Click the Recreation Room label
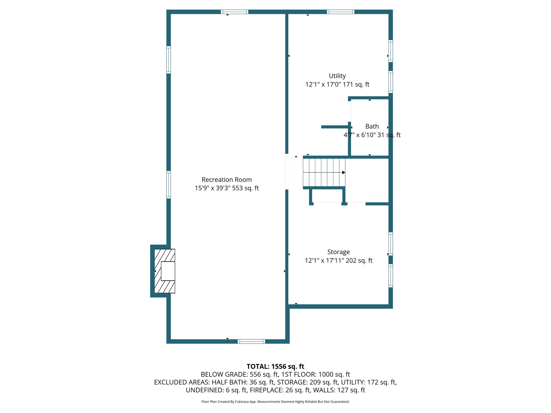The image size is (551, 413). (x=227, y=180)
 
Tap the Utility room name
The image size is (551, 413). (x=337, y=76)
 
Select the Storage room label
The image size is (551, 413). (x=338, y=252)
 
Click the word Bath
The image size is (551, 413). (x=372, y=126)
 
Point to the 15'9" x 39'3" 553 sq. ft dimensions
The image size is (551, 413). (x=227, y=188)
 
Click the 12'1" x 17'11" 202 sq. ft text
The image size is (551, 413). (x=338, y=261)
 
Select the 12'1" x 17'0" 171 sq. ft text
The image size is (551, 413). (x=337, y=84)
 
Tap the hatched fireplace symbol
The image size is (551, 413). (x=165, y=271)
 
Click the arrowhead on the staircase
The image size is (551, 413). (x=344, y=172)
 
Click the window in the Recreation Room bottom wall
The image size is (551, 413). (x=251, y=341)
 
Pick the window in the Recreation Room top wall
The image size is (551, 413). (x=234, y=12)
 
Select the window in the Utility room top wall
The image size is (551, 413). (x=340, y=12)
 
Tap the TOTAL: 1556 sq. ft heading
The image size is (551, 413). (x=275, y=366)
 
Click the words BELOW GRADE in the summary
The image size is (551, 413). (x=224, y=374)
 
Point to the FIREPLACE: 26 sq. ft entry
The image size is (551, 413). (x=280, y=390)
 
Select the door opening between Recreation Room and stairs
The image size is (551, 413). (x=287, y=172)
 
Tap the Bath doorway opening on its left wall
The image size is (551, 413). (x=349, y=111)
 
